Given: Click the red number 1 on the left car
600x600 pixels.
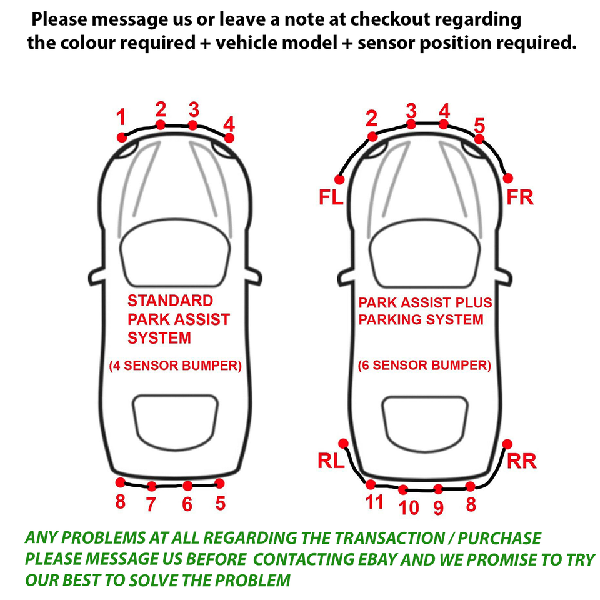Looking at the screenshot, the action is point(121,117).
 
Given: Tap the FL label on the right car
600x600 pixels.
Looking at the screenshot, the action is point(331,197).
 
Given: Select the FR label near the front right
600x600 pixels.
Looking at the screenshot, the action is point(520,197).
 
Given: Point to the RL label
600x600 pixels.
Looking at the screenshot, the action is point(331,461).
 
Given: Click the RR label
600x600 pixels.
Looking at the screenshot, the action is point(521,461).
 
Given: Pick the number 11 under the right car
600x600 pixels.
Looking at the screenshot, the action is point(374,502).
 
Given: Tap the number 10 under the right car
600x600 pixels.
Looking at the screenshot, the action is point(409,507).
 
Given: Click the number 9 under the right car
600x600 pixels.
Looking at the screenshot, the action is point(439,507).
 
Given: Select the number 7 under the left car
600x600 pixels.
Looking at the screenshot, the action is point(151,504).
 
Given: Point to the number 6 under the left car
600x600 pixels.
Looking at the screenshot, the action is point(187,504).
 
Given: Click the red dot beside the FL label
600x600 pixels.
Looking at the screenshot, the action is point(339,179).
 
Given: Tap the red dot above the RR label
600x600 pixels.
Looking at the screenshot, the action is point(507,444).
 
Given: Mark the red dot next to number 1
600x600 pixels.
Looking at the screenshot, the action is point(122,137).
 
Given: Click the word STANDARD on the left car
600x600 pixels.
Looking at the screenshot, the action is point(170,301).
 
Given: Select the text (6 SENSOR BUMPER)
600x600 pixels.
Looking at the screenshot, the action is point(424,366).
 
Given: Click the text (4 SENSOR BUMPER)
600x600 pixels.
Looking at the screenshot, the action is point(175,366).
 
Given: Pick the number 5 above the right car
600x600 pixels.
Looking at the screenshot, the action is point(479,126).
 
